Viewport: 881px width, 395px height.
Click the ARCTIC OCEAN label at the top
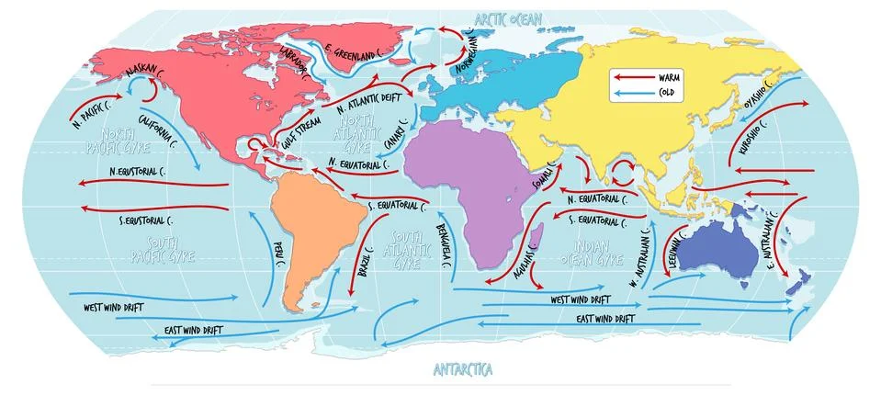tap(507, 18)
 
